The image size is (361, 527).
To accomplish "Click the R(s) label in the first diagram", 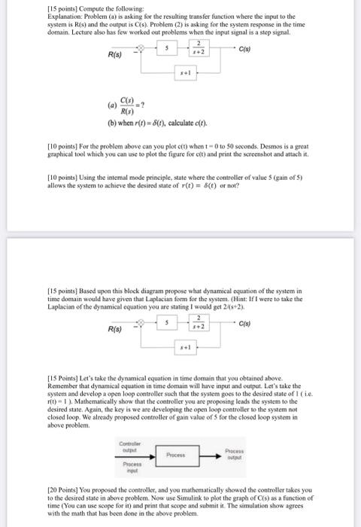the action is (x=117, y=55).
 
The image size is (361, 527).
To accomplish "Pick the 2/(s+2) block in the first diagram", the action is (x=196, y=50).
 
